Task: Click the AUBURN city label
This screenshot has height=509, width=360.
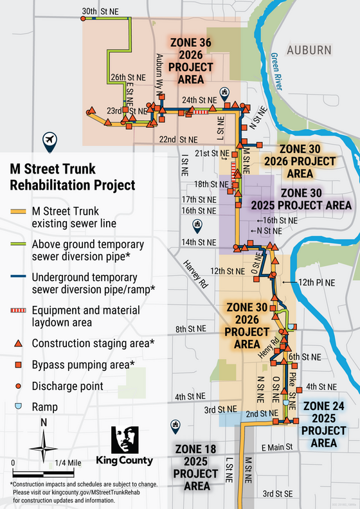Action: pos(309,50)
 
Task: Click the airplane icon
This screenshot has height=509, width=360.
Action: pos(49,139)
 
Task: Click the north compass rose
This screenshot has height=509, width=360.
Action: pos(44,442)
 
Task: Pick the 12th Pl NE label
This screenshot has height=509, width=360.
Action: pos(317,282)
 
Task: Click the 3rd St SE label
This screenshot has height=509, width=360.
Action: pos(280,493)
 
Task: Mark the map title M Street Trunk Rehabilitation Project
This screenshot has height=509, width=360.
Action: pos(72,177)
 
